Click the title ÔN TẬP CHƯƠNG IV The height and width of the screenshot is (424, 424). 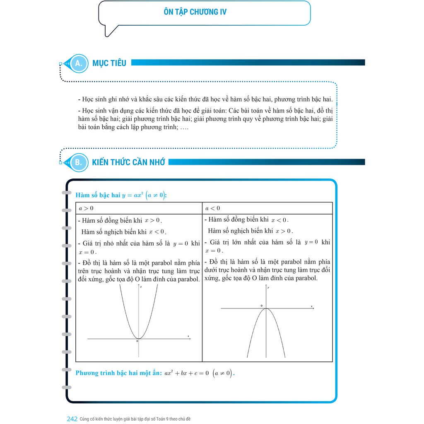pyautogui.click(x=195, y=12)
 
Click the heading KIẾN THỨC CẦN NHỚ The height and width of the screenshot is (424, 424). pyautogui.click(x=128, y=162)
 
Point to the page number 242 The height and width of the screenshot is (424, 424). pyautogui.click(x=72, y=419)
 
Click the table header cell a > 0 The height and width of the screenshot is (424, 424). pyautogui.click(x=87, y=208)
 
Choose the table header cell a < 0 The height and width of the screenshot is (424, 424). pyautogui.click(x=213, y=208)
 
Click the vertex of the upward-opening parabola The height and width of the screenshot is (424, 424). pyautogui.click(x=138, y=339)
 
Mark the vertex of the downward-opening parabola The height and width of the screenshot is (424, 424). pyautogui.click(x=266, y=308)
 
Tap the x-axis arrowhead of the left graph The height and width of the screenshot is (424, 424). pyautogui.click(x=190, y=339)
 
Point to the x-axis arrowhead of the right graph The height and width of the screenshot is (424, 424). pyautogui.click(x=313, y=308)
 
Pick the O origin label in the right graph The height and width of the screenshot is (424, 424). pyautogui.click(x=261, y=306)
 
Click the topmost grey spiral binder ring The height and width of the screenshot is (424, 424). pyautogui.click(x=66, y=193)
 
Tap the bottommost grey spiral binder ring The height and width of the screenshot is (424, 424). pyautogui.click(x=66, y=387)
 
